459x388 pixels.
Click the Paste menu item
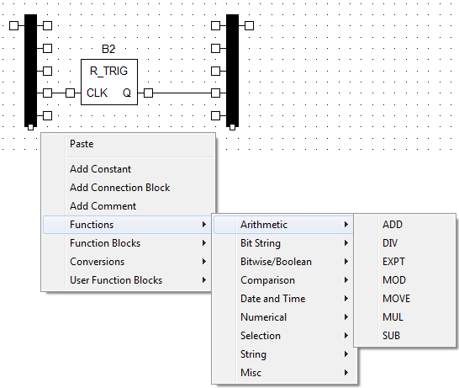[x=82, y=144]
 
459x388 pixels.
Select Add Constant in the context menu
[x=100, y=169]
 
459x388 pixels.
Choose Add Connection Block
[x=119, y=188]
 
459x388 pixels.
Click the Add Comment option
[x=103, y=206]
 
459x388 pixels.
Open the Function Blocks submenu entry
[x=105, y=243]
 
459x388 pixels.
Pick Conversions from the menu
[x=98, y=262]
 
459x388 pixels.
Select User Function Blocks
[x=116, y=280]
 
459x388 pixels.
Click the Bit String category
[x=261, y=243]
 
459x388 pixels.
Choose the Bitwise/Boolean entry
[x=276, y=262]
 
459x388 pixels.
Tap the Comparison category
[x=267, y=280]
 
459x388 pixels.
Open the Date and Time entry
[x=273, y=299]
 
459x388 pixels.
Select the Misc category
[x=251, y=373]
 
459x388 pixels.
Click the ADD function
[x=393, y=225]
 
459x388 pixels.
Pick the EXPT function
[x=393, y=262]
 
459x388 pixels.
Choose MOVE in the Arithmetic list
[x=396, y=299]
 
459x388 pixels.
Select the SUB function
[x=391, y=336]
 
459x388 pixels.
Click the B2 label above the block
[x=108, y=49]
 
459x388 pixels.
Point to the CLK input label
[x=97, y=93]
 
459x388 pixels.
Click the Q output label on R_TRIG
[x=126, y=93]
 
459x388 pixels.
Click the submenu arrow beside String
[x=346, y=354]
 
